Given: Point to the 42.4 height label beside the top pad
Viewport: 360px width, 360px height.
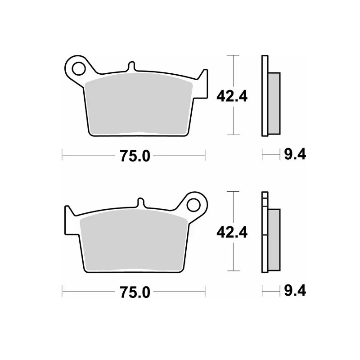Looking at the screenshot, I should [232, 95].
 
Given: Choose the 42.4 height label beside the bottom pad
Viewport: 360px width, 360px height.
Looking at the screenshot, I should [232, 232].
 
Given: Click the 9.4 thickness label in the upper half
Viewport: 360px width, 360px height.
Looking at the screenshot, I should [295, 156].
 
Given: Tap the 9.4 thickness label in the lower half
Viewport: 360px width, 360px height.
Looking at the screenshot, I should [295, 292].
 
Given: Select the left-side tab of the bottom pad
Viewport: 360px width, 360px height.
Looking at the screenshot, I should [69, 218].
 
